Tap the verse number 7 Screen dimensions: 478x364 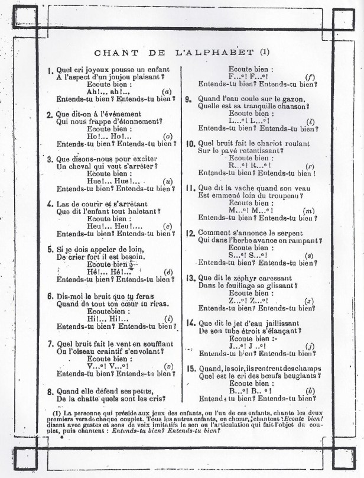tap(50, 344)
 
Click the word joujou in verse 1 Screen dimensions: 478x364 tap(129, 77)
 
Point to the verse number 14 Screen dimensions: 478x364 tap(191, 322)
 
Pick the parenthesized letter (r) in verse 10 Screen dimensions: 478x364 tap(308, 166)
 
